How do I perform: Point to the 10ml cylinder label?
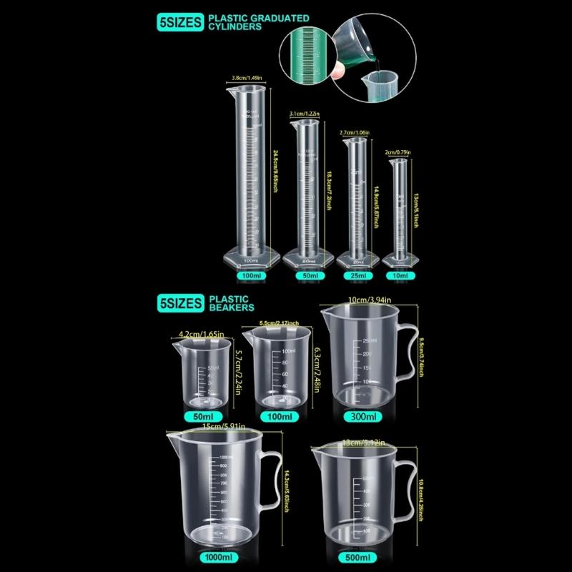(400, 275)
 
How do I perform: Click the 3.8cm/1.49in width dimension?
(247, 78)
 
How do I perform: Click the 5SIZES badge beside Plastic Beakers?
(179, 302)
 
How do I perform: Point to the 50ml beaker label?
(203, 416)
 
